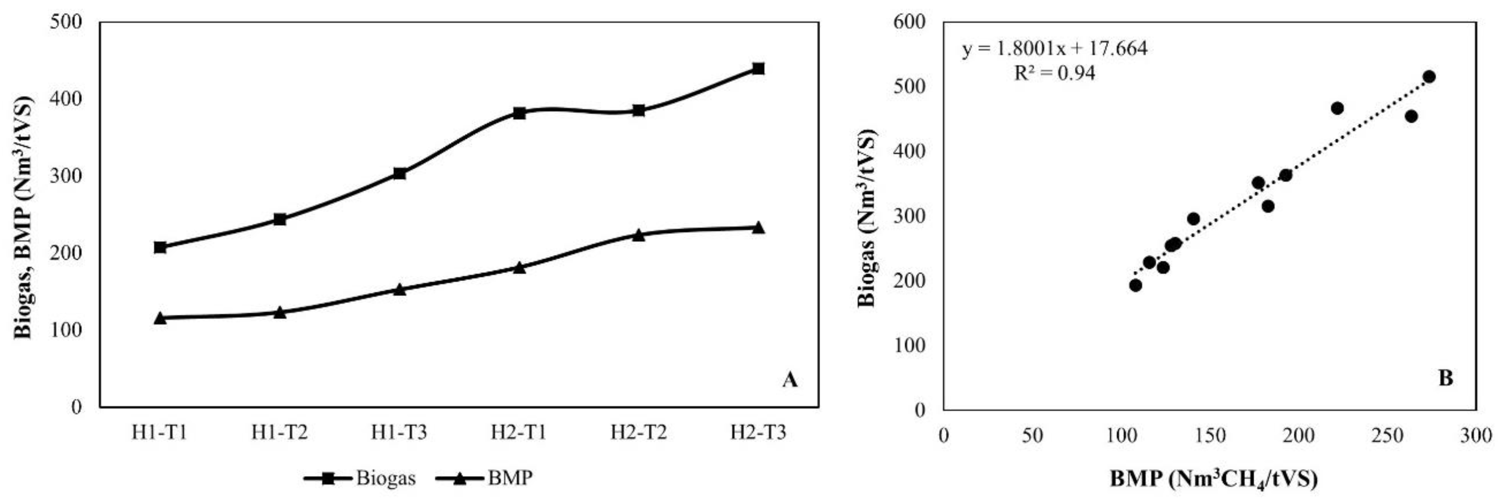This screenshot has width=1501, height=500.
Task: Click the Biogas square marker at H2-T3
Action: click(x=758, y=69)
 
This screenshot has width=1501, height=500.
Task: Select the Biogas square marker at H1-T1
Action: click(x=160, y=247)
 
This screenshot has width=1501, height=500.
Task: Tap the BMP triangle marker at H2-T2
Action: click(x=639, y=235)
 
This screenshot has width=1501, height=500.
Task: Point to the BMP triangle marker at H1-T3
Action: click(x=400, y=289)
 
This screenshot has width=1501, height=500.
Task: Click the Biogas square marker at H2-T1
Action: click(x=519, y=113)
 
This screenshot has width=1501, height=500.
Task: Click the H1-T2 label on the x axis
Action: click(x=280, y=432)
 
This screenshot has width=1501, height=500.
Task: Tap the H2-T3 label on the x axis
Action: click(x=758, y=432)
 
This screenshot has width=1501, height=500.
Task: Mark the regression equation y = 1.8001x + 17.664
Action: click(x=1055, y=48)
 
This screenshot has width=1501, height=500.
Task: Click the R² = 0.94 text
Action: click(x=1055, y=73)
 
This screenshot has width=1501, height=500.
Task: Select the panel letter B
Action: click(x=1446, y=379)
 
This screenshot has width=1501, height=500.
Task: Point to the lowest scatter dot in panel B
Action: click(x=1135, y=285)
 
